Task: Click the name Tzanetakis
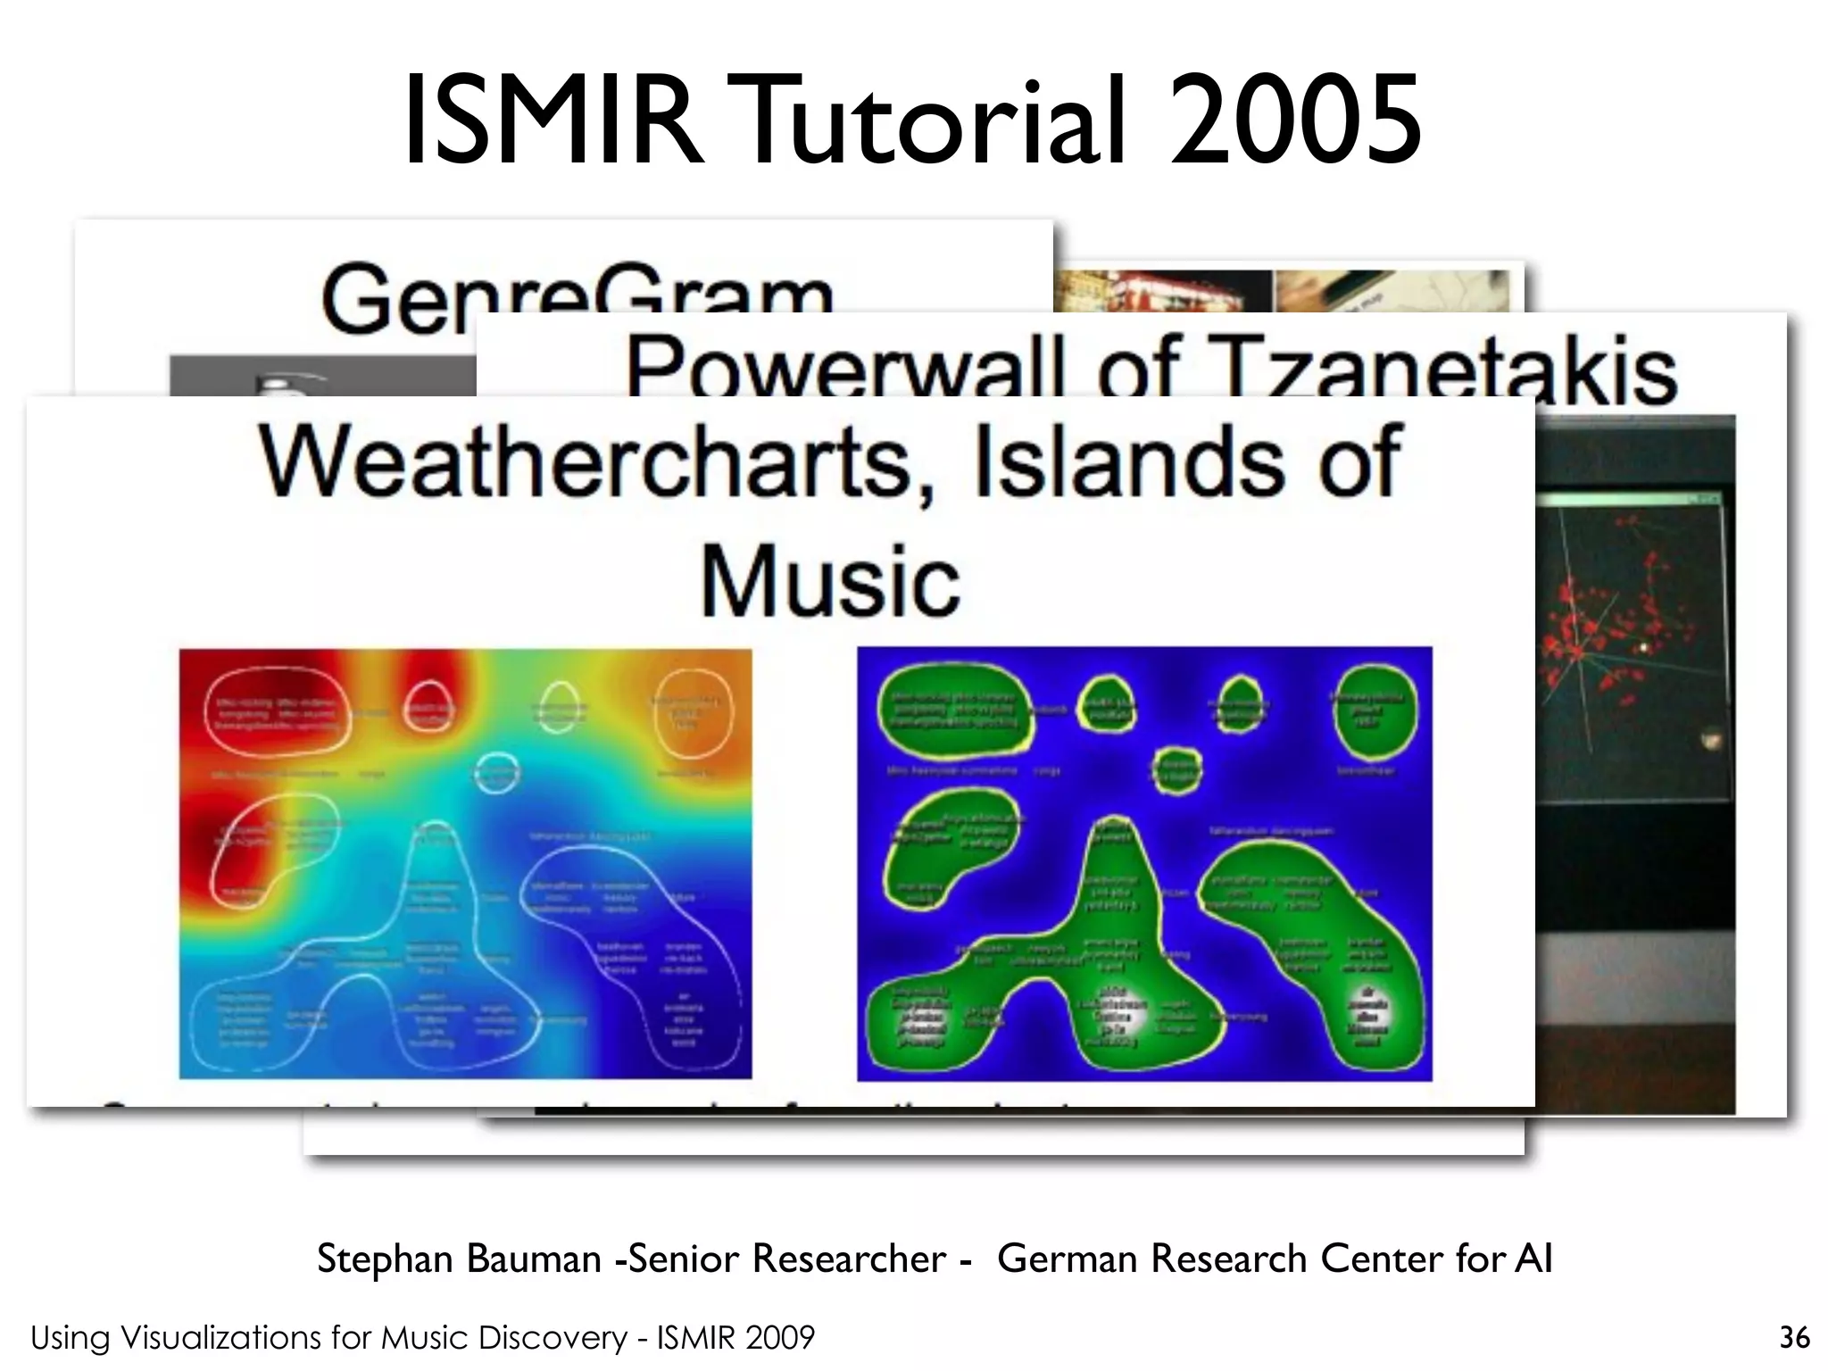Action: tap(1446, 368)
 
